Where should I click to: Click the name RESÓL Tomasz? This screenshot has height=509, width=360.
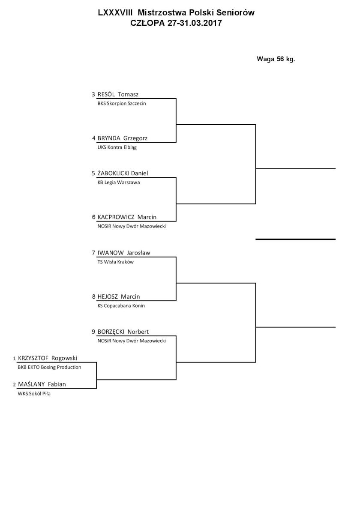118,94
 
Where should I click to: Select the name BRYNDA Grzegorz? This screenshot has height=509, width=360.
123,138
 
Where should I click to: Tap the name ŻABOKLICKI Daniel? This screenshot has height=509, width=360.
123,173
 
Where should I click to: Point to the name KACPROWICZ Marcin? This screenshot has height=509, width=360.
127,217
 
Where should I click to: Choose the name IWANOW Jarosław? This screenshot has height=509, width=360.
124,252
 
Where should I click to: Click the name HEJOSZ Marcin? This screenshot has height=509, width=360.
118,296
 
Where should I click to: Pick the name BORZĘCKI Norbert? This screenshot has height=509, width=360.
123,332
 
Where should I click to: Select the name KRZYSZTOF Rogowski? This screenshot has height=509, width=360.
48,358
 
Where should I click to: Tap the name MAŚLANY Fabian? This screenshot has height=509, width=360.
42,384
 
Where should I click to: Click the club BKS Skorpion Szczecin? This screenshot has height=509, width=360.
122,104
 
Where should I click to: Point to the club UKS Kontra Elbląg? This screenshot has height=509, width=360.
117,147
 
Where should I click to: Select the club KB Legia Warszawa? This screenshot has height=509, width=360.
118,183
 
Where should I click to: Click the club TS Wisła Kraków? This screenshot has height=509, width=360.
116,262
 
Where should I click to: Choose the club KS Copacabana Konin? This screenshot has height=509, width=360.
121,306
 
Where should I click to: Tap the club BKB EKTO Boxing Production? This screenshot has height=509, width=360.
49,367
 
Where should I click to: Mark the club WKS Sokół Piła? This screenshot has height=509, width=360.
34,394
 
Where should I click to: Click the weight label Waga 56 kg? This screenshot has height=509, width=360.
276,59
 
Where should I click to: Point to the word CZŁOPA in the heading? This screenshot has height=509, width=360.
148,23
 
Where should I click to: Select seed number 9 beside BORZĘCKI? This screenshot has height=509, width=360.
93,332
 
